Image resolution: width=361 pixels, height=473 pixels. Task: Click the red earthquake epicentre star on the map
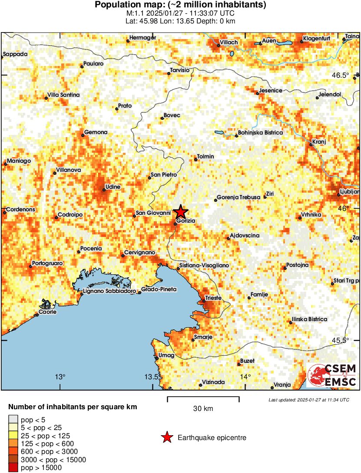click(181, 212)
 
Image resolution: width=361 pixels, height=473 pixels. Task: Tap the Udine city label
click(113, 187)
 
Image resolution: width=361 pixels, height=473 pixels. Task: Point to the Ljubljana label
click(349, 191)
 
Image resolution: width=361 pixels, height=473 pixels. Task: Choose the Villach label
click(229, 42)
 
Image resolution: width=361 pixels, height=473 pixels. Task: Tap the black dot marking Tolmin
click(196, 160)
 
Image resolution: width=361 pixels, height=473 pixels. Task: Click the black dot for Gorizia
click(176, 224)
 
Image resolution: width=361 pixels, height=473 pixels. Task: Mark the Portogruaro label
click(47, 263)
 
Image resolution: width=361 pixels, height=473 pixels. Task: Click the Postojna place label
click(298, 265)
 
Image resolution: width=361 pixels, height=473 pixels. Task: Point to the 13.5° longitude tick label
click(152, 376)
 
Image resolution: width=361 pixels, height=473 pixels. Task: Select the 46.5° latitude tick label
click(340, 75)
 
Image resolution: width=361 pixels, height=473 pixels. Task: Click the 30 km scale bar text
click(203, 408)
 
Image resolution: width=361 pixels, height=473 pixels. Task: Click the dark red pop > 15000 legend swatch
click(13, 467)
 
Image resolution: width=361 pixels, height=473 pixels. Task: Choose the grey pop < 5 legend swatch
click(13, 420)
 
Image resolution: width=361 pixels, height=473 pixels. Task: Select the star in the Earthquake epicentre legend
click(166, 438)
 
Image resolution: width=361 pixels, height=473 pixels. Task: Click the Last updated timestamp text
click(309, 400)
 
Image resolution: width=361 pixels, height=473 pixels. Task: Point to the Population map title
click(181, 5)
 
